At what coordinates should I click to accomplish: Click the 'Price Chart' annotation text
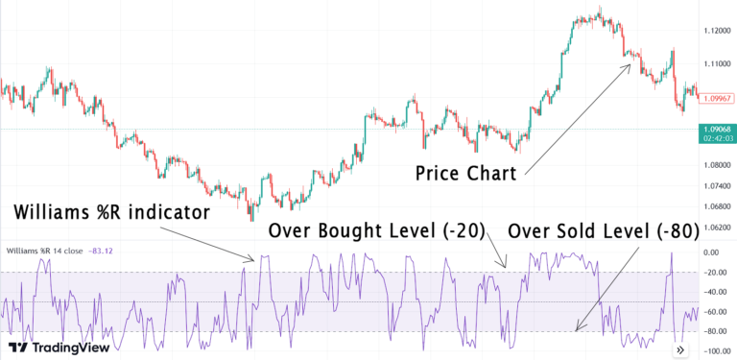(x=466, y=174)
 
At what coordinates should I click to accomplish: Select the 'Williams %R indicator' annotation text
(x=112, y=212)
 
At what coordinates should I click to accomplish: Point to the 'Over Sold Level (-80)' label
(x=614, y=230)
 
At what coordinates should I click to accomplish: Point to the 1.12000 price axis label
(x=716, y=32)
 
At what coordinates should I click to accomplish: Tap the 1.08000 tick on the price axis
(x=716, y=165)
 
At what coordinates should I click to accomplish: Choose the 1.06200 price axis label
(x=716, y=228)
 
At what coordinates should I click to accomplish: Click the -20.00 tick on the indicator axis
(x=714, y=273)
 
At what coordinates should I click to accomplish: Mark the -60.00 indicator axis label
(x=714, y=312)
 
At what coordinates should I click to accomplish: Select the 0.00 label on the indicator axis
(x=711, y=252)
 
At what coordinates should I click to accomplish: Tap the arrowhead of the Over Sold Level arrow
(x=575, y=331)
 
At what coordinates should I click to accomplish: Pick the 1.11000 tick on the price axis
(x=716, y=63)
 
